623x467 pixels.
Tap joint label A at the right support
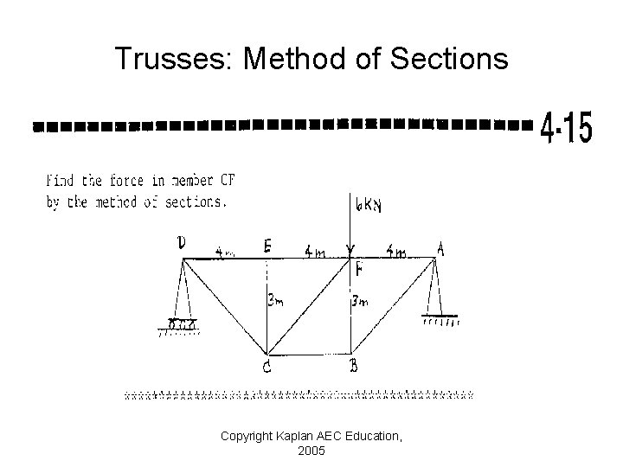click(x=441, y=249)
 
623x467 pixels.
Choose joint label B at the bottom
click(x=354, y=367)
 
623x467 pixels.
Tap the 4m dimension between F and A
click(x=396, y=253)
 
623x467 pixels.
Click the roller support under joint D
click(x=182, y=325)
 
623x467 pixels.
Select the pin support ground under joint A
click(x=441, y=319)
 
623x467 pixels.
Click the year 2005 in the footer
click(x=311, y=451)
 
